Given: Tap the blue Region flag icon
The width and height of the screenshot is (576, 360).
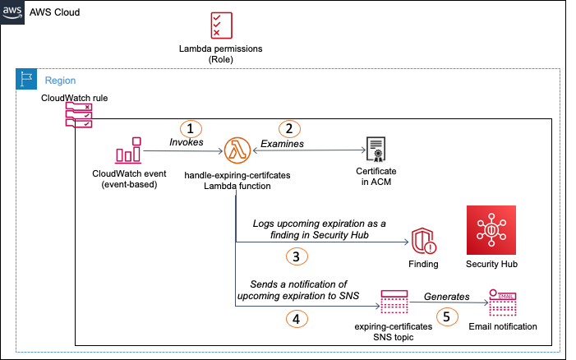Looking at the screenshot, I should tap(27, 81).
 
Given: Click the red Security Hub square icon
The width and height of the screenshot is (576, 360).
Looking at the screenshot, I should tap(491, 230).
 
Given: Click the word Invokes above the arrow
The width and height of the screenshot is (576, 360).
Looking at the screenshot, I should tap(186, 143).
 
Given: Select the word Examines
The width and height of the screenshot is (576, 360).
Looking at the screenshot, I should tap(283, 143).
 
